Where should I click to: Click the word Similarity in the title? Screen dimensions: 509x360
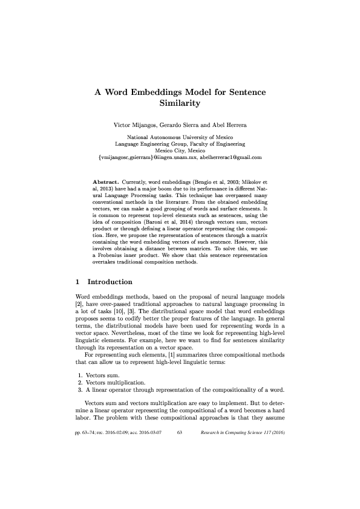tap(180, 104)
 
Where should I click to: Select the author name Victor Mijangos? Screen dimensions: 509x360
tap(135, 125)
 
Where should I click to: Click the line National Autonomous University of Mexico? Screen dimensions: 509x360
tap(180, 138)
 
